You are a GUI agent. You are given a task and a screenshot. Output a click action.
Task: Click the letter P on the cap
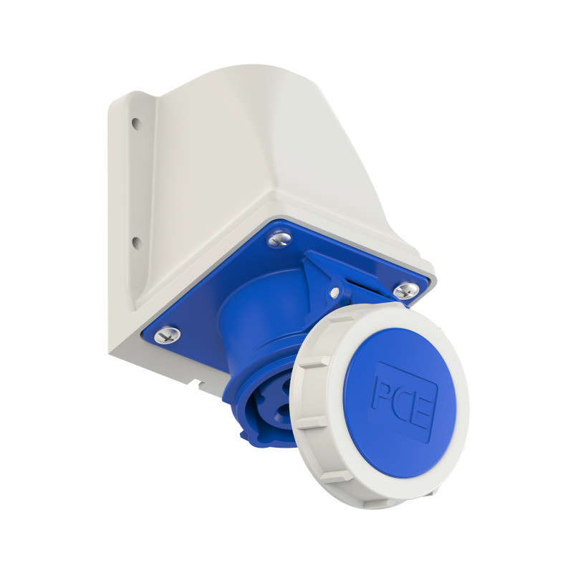pos(382,393)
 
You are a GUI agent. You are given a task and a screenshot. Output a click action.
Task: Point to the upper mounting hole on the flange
pos(135,122)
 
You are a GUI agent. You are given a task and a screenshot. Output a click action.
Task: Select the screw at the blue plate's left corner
pos(166,334)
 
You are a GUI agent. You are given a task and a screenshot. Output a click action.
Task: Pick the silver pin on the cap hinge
pos(334,292)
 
